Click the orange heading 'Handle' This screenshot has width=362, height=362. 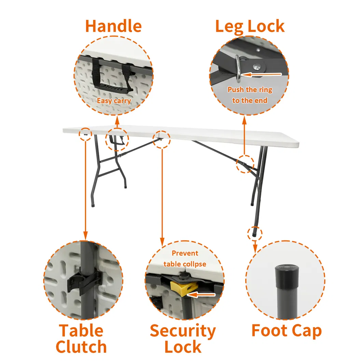pyautogui.click(x=113, y=26)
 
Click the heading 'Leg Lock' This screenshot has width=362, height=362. pyautogui.click(x=250, y=26)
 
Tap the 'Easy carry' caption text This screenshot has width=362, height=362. pyautogui.click(x=114, y=101)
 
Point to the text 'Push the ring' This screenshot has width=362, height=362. pyautogui.click(x=250, y=90)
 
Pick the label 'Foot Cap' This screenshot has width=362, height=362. pyautogui.click(x=287, y=331)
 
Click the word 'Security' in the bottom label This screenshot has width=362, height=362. pyautogui.click(x=183, y=331)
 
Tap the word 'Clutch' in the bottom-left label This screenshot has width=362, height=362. pyautogui.click(x=81, y=346)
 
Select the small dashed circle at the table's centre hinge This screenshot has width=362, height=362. pyautogui.click(x=161, y=139)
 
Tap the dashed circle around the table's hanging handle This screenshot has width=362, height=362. pyautogui.click(x=117, y=140)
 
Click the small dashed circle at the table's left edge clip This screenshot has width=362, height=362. pyautogui.click(x=85, y=134)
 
